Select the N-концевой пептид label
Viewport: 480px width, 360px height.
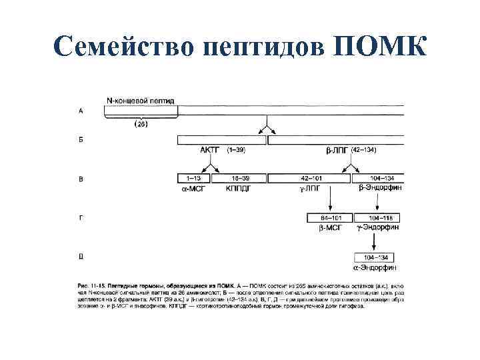(x=141, y=101)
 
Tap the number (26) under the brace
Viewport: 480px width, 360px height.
(x=141, y=124)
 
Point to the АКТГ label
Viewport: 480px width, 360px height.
(x=209, y=150)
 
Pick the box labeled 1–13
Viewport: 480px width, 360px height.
(x=193, y=178)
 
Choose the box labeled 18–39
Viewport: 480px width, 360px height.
(x=238, y=178)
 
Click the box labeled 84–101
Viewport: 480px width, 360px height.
(x=330, y=218)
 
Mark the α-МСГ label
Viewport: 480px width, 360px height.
(x=195, y=189)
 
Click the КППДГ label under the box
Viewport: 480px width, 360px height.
(x=239, y=189)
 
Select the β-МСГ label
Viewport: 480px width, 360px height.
(x=330, y=228)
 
